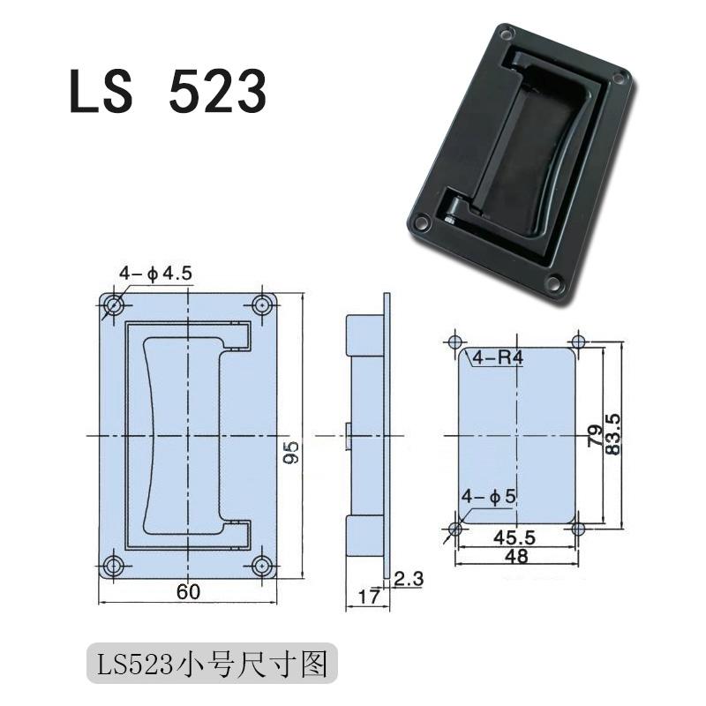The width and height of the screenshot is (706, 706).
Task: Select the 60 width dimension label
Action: (186, 592)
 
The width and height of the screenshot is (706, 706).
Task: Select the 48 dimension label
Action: (517, 558)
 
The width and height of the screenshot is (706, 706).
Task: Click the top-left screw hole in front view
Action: (112, 306)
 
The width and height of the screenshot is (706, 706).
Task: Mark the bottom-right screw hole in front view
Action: (261, 566)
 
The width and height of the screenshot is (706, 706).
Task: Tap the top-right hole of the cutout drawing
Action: (579, 342)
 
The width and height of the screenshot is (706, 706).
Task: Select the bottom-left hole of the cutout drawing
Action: (455, 529)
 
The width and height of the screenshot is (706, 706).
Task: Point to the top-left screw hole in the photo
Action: (506, 35)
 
